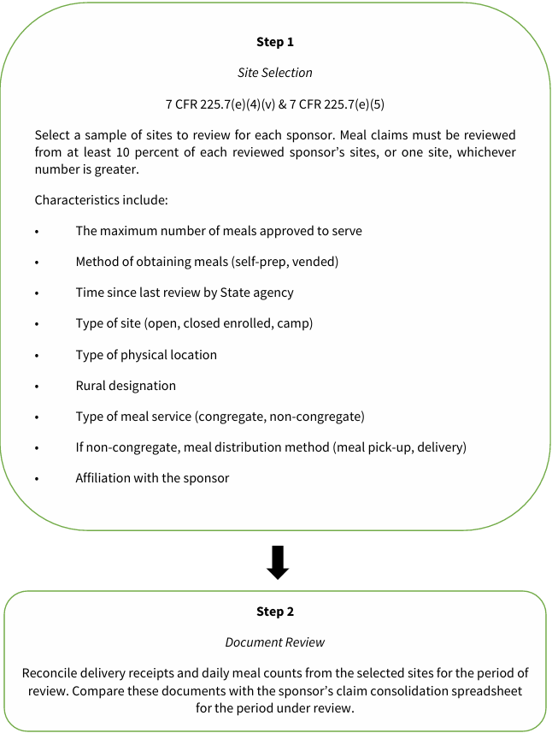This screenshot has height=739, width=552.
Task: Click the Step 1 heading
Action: click(x=275, y=42)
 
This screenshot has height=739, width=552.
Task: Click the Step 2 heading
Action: click(x=275, y=612)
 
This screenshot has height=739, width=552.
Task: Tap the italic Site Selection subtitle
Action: click(x=275, y=73)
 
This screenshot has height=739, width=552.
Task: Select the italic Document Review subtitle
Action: click(x=275, y=642)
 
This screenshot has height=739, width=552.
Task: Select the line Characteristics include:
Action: click(x=102, y=200)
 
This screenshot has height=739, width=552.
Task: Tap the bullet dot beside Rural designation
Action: click(x=38, y=387)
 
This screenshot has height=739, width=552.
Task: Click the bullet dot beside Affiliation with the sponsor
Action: click(x=38, y=479)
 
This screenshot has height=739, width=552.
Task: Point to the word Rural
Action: click(x=91, y=386)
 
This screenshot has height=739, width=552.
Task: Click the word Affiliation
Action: click(x=105, y=478)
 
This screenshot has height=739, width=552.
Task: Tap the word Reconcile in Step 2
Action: click(x=51, y=673)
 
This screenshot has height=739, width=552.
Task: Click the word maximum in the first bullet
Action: click(x=129, y=231)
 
